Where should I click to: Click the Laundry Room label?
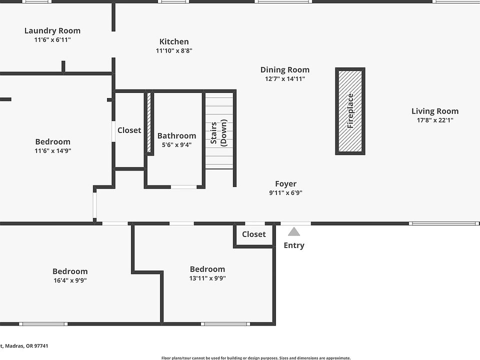pos(52,30)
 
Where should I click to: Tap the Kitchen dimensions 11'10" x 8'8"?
pos(174,50)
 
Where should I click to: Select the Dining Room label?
pos(285,70)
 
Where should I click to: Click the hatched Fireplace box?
pos(350,111)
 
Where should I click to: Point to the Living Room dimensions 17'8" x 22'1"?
pos(435,120)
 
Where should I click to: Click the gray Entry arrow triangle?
pos(294,231)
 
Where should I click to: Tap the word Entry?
pos(294,245)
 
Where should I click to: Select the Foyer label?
pos(285,183)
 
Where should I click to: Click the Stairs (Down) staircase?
pos(219,130)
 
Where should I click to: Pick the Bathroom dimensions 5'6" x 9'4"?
pos(176,145)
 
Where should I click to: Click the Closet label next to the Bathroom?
pos(129,130)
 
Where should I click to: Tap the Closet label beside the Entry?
pos(254,234)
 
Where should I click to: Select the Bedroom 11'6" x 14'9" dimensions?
pos(52,150)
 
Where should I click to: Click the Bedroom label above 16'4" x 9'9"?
pos(70,271)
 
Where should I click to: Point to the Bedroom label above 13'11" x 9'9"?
pos(207,269)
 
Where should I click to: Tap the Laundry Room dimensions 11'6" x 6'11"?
pos(52,39)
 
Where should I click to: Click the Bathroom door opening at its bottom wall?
pos(183,186)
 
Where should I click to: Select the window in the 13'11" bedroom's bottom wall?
pos(225,324)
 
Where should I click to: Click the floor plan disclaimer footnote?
pos(256,358)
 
